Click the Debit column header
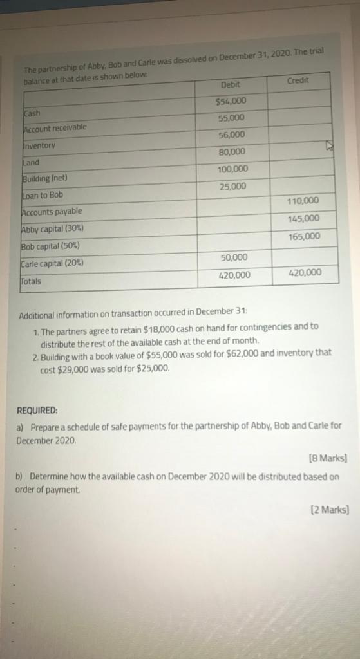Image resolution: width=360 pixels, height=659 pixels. point(230,85)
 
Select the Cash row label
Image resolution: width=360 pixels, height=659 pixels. point(32,112)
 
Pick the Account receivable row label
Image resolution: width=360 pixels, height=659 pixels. point(55,128)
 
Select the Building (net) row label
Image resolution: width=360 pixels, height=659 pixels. point(45,178)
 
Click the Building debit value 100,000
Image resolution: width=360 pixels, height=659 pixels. point(232,169)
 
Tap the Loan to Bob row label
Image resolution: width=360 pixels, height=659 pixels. point(43,195)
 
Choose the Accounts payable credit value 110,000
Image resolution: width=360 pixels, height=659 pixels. point(303,201)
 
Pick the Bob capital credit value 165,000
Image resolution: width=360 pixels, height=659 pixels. point(305,237)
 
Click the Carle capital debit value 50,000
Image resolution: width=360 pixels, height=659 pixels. point(234,257)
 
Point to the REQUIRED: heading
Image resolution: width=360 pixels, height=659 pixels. point(37,409)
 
